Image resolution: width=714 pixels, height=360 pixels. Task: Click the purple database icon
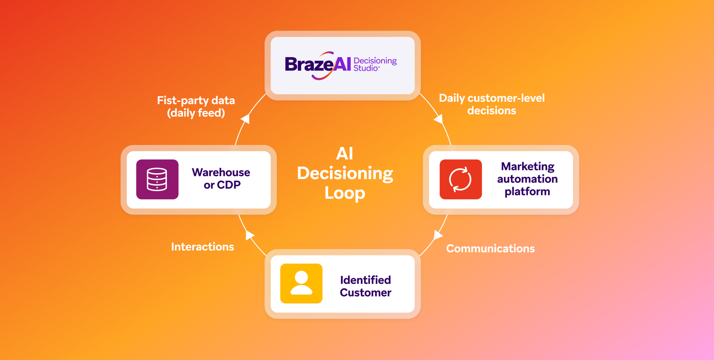(157, 179)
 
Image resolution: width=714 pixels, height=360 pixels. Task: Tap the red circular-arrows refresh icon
(460, 179)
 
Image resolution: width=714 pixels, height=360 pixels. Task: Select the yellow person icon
(301, 283)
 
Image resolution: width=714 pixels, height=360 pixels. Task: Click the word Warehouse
(221, 173)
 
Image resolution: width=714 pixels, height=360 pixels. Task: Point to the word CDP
(229, 185)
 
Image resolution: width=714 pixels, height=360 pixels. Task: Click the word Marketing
(527, 166)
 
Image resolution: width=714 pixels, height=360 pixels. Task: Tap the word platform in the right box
(527, 192)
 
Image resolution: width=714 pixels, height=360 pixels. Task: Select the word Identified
(365, 280)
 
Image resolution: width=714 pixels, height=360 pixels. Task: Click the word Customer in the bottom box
(365, 293)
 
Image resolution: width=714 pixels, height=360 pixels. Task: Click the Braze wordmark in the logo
(309, 65)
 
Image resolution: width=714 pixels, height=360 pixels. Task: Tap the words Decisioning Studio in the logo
(374, 64)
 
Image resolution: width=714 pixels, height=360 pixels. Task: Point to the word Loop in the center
(345, 193)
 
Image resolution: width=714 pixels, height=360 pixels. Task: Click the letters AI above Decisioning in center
(344, 154)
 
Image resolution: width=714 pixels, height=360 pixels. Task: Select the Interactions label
(202, 247)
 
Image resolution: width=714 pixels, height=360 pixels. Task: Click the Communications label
(490, 249)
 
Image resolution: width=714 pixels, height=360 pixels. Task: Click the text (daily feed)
(196, 113)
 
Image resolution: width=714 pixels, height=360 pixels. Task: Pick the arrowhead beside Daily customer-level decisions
(439, 119)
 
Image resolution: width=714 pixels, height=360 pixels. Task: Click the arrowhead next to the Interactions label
(250, 235)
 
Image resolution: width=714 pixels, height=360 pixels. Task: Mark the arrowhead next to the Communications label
(438, 235)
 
